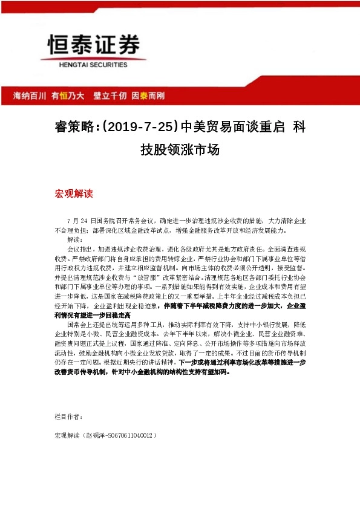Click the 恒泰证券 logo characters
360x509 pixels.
[94, 45]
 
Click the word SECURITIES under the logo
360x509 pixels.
[109, 64]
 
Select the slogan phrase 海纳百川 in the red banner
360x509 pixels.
[29, 96]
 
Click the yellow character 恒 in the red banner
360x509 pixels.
[62, 96]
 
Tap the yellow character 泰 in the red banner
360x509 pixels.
[143, 96]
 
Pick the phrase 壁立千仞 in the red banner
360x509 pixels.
[110, 96]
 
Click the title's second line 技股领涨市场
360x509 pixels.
[180, 150]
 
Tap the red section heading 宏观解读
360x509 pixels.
[74, 194]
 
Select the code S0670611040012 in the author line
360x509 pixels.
[129, 435]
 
